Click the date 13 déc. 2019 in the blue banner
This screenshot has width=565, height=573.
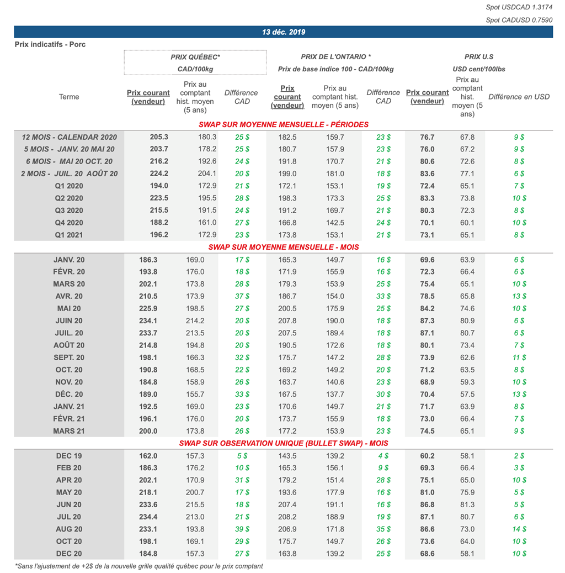tap(284, 32)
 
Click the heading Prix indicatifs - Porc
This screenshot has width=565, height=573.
tap(50, 44)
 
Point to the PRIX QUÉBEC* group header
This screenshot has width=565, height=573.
tap(195, 57)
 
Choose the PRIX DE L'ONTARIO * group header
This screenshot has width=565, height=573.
tap(335, 57)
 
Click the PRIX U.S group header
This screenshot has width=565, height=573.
tap(478, 57)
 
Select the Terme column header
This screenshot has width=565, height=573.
tap(69, 97)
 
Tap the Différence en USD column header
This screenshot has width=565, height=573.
tap(519, 97)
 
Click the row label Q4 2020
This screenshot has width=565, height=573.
tap(69, 223)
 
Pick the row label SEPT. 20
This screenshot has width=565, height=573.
tap(69, 358)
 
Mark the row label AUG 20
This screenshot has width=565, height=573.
tap(69, 529)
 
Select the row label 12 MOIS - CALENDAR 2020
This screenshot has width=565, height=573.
tap(69, 137)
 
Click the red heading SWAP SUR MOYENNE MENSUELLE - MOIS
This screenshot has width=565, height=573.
tap(284, 247)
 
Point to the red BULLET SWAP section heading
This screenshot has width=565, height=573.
tap(284, 443)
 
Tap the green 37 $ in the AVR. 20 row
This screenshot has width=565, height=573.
tap(242, 296)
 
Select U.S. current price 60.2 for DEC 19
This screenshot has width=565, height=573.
tap(427, 456)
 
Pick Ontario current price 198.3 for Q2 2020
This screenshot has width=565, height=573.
tap(287, 198)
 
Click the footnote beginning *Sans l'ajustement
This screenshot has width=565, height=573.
tap(138, 566)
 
